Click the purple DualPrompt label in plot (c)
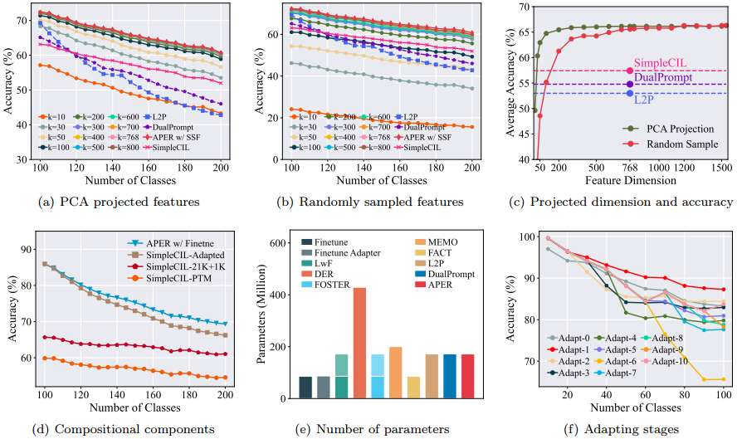(x=664, y=77)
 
